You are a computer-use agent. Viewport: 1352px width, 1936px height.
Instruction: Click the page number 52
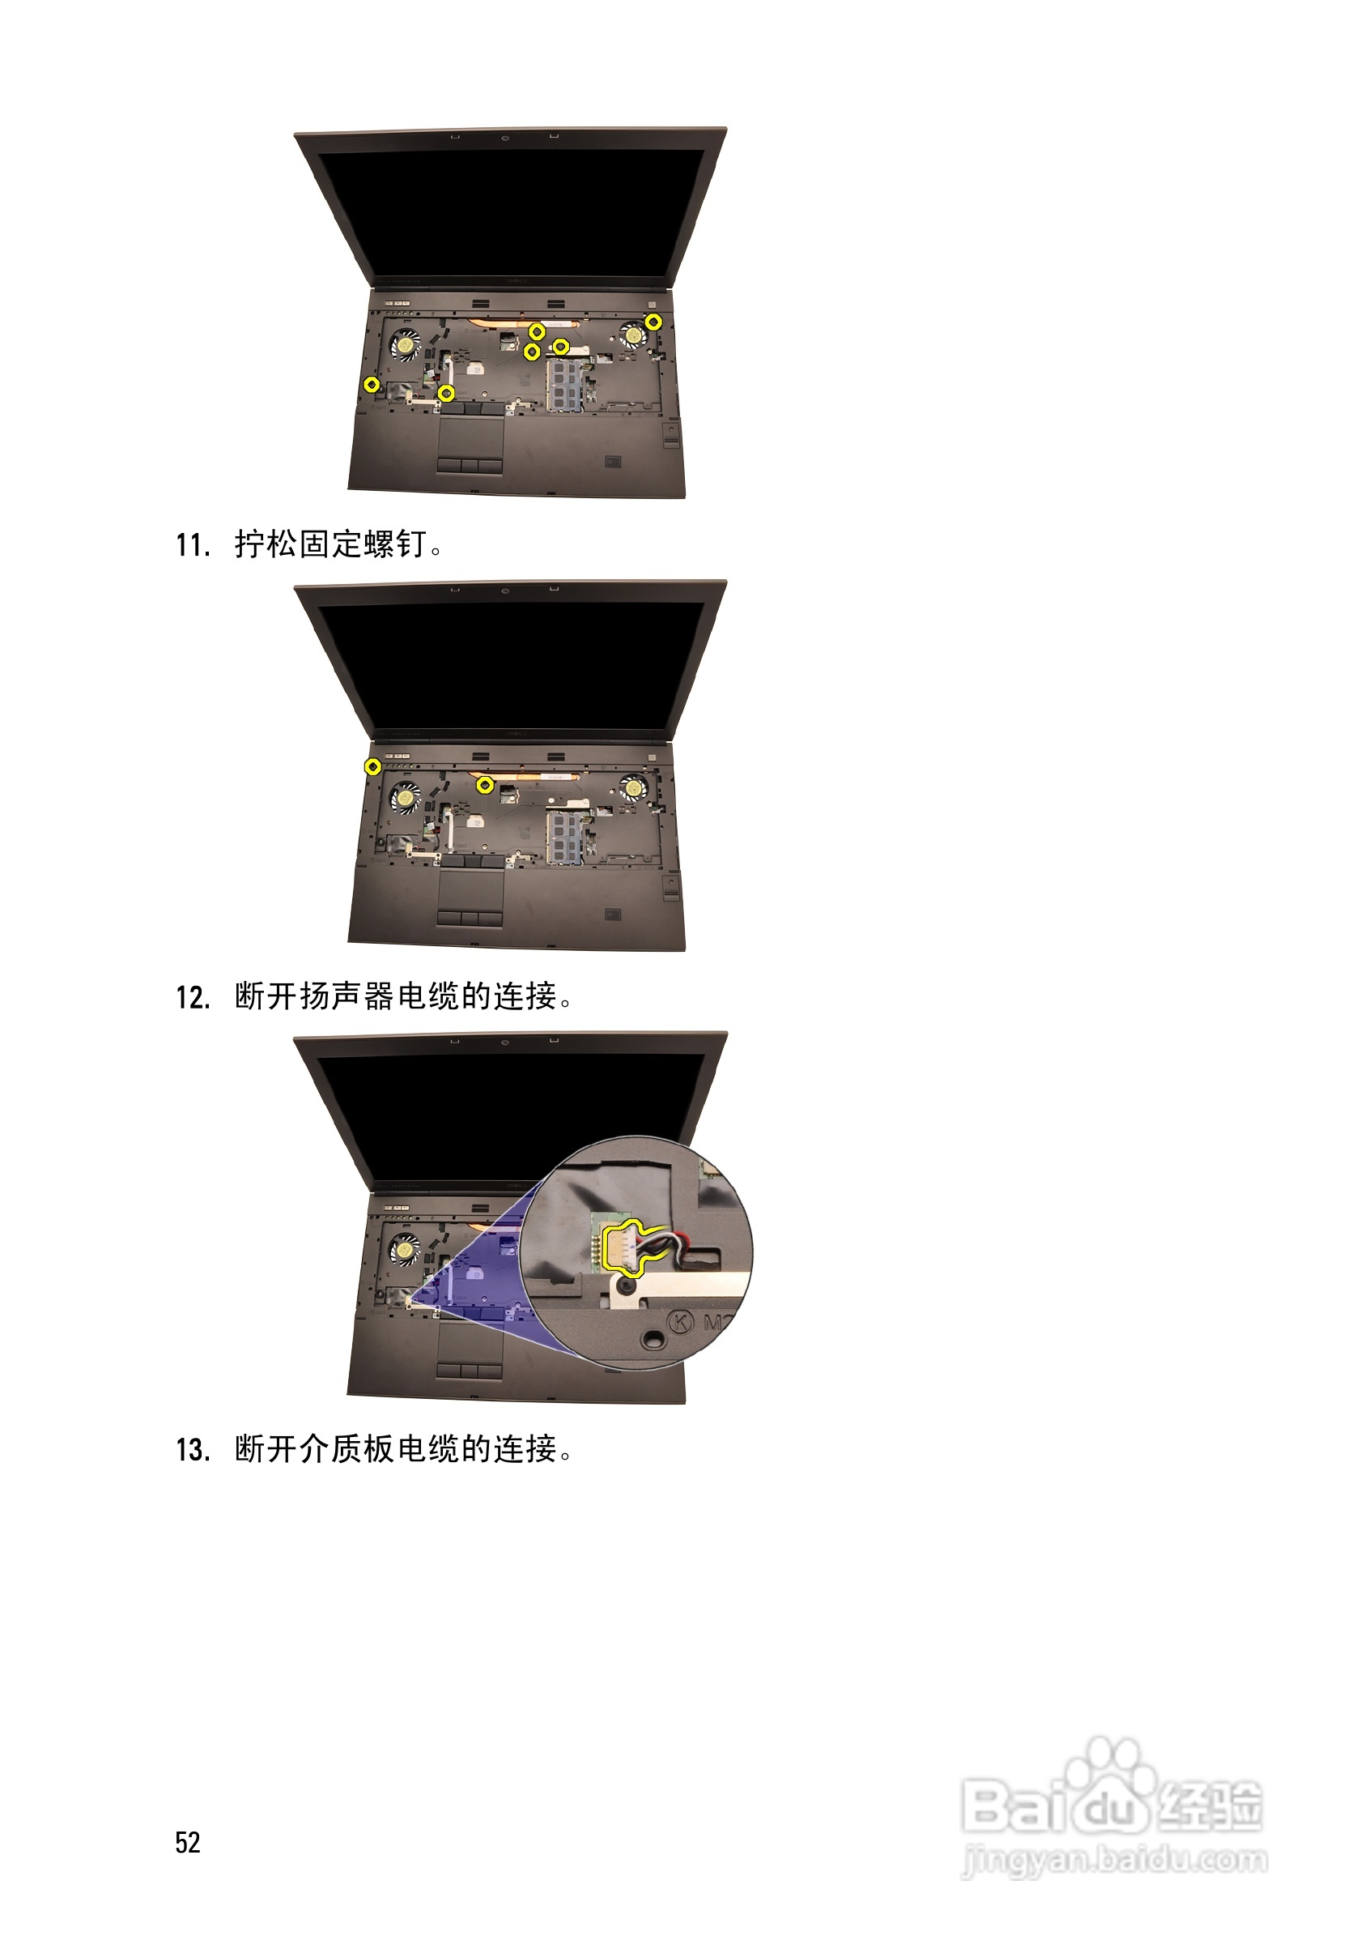click(187, 1842)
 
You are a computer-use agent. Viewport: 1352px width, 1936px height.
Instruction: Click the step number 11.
click(191, 545)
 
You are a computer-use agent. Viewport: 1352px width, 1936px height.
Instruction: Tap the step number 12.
click(192, 998)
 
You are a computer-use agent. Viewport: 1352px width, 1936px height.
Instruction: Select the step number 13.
click(192, 1450)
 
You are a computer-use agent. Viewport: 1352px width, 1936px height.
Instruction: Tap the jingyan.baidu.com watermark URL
click(1115, 1859)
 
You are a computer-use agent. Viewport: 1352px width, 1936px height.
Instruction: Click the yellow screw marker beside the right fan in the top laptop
click(653, 321)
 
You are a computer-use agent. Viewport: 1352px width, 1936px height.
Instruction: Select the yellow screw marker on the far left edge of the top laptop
click(371, 385)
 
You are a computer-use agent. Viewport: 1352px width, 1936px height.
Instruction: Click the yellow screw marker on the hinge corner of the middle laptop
click(372, 766)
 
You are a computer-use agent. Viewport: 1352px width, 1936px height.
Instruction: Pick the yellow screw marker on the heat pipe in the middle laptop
click(485, 785)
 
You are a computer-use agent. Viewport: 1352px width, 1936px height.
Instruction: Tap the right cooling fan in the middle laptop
click(632, 788)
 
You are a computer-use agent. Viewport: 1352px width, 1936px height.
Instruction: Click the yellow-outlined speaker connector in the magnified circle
click(621, 1248)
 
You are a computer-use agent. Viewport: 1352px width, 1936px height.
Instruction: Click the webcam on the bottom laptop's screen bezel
click(505, 1043)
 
